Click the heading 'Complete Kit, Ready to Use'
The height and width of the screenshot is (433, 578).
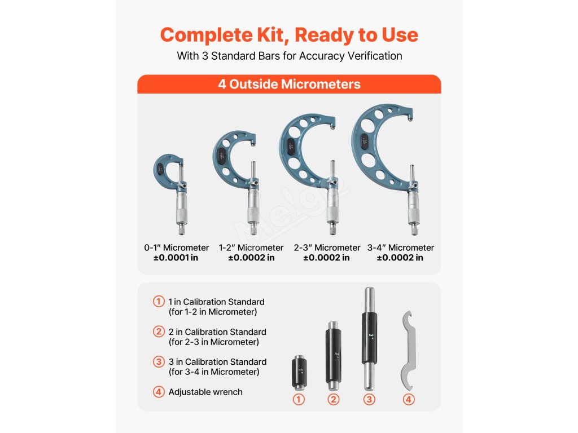tap(289, 35)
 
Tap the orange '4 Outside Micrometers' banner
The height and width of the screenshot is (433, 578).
tap(289, 84)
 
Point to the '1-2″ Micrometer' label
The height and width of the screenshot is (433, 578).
tap(251, 248)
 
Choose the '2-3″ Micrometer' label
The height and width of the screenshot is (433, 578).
tap(327, 248)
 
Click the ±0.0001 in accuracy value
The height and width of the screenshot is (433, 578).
tap(176, 258)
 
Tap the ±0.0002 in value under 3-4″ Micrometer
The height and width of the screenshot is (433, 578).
tap(400, 258)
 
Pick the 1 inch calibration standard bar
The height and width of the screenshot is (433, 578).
tap(299, 372)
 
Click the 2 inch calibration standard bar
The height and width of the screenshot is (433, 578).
tap(333, 356)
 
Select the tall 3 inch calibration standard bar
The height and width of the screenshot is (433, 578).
tap(370, 339)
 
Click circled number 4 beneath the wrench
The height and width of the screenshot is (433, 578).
tap(409, 400)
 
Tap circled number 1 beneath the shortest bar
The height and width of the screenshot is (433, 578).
tap(299, 400)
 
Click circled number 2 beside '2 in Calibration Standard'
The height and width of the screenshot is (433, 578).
tap(159, 332)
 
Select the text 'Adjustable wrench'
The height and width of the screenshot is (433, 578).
tap(205, 392)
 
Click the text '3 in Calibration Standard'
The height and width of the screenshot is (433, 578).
tap(217, 362)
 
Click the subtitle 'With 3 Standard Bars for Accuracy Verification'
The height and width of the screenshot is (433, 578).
tap(290, 56)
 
